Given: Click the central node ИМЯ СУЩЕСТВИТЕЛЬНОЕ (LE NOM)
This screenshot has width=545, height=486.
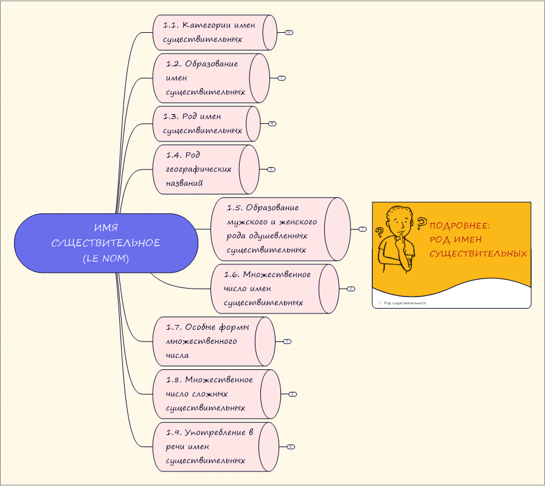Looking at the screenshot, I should pos(106,243).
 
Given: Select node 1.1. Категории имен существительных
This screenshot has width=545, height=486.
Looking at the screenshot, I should pos(209,32).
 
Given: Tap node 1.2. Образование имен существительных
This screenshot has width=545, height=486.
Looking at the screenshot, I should pos(204,78).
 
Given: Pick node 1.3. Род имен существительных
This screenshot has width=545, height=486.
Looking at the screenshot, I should pos(203,123).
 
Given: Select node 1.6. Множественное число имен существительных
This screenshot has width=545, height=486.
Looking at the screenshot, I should pos(267,289).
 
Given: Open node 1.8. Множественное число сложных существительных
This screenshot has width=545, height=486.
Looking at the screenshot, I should pos(209,394).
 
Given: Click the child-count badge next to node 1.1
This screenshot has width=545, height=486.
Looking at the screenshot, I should pos(289,32).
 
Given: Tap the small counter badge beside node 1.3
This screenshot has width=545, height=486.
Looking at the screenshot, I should pos(272,123).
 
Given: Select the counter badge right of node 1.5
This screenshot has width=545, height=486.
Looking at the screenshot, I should pos(362,229).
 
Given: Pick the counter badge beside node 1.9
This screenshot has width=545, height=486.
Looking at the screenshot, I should pos(291,447).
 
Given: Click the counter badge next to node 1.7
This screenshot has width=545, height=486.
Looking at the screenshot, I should pos(287,341).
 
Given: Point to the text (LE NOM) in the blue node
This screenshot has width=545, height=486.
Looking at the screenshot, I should pos(106,258).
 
